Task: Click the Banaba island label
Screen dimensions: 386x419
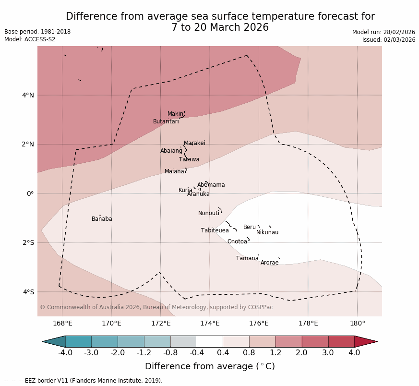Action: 102,219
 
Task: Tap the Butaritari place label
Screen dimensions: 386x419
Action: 166,122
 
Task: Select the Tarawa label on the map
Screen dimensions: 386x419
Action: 189,160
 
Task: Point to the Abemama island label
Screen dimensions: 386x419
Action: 211,185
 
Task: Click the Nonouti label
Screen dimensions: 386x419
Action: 209,214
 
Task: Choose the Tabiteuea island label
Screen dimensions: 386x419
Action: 215,231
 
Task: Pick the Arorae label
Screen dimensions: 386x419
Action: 270,263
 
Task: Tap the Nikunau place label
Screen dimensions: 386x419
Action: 267,233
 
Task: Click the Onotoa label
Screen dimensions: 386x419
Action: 237,242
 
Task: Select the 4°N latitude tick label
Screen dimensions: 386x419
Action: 28,96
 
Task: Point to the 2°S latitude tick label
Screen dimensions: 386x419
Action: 28,243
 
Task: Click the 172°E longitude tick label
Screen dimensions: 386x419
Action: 161,324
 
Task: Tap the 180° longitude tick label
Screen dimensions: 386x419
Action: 357,324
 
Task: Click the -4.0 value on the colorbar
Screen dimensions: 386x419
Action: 65,353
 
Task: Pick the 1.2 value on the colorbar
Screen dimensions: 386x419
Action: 275,353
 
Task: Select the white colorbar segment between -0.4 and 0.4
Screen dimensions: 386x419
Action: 210,341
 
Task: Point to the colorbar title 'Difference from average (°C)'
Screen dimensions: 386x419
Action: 210,367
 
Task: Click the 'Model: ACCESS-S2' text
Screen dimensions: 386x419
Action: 30,40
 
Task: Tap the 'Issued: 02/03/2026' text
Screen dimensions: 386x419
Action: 389,40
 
